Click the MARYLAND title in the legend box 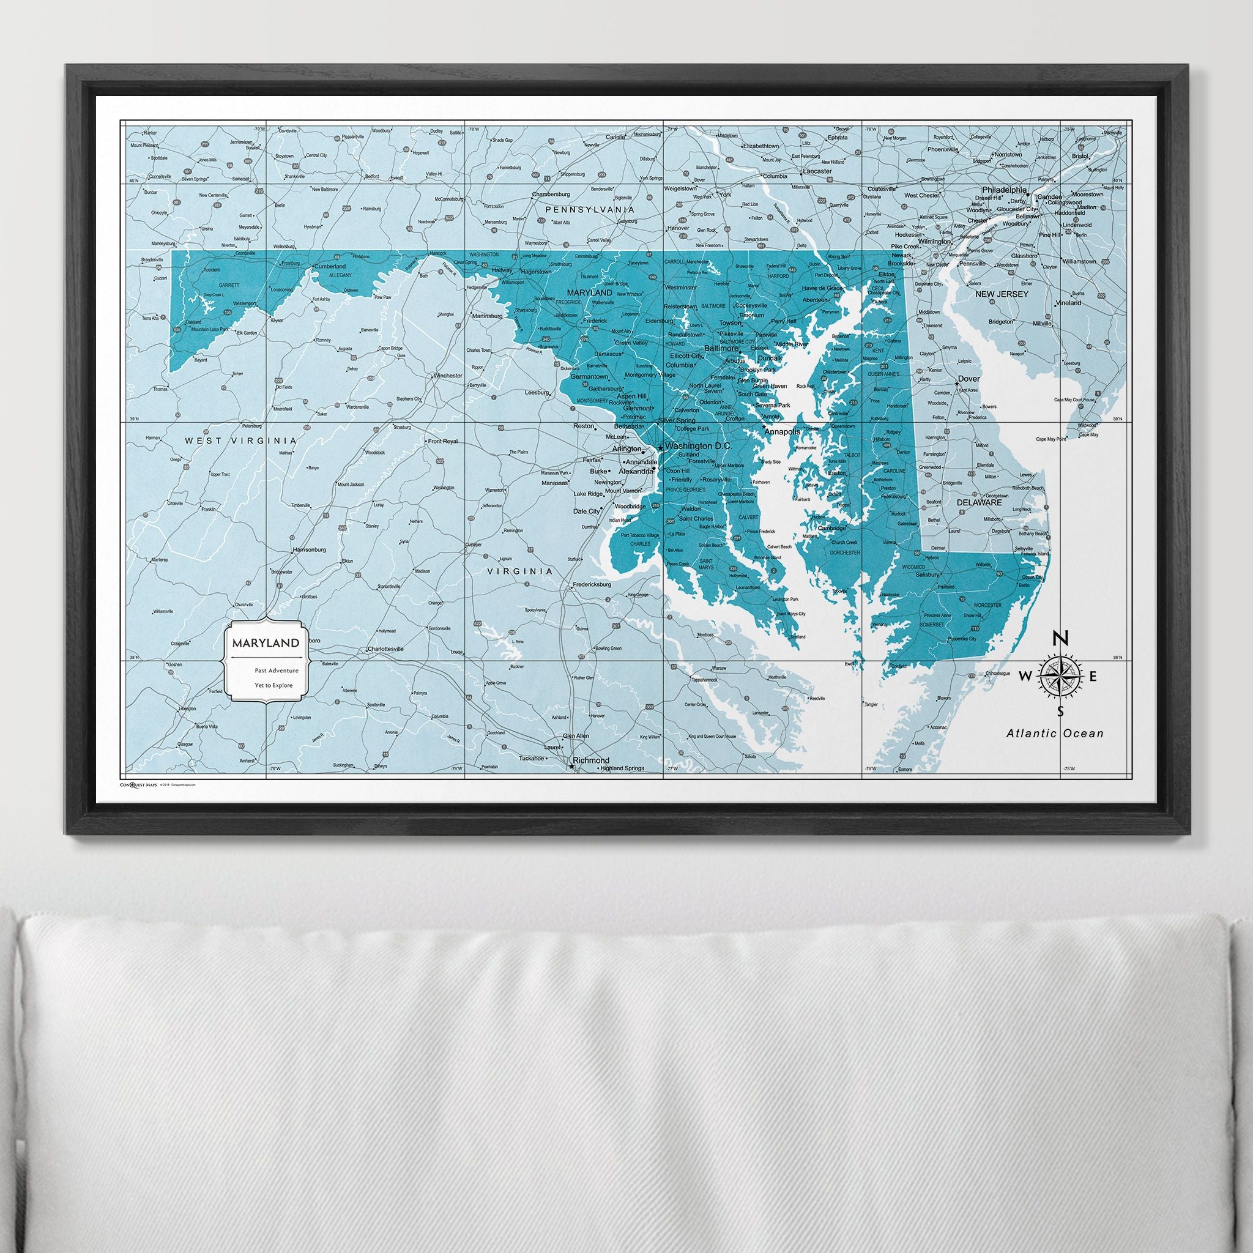click(x=262, y=644)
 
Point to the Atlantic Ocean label click(x=1055, y=734)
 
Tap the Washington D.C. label click(x=699, y=446)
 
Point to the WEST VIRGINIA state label click(x=240, y=441)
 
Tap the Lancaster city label click(x=817, y=171)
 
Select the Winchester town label click(x=447, y=376)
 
